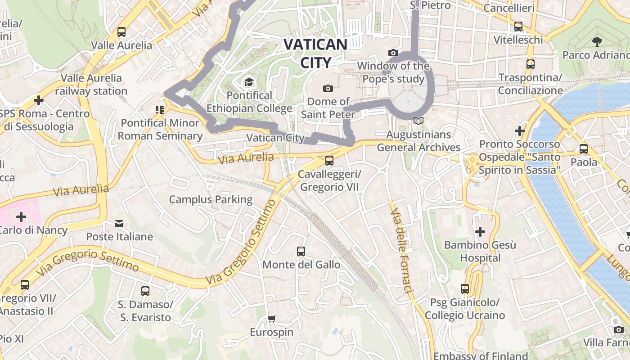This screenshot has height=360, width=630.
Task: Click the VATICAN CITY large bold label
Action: [315, 53]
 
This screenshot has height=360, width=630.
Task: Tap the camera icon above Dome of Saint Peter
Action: [328, 88]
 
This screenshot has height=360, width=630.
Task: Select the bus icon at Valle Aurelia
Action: [121, 32]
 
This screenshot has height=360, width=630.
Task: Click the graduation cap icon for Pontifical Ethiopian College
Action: [248, 82]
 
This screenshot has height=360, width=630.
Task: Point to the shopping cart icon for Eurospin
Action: [271, 319]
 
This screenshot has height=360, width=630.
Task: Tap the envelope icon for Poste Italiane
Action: [119, 223]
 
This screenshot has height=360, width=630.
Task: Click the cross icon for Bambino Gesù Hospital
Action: [480, 232]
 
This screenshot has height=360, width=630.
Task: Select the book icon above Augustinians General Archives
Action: [418, 121]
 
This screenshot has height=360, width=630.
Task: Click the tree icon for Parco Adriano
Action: [597, 42]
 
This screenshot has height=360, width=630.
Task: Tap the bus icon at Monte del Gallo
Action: [301, 251]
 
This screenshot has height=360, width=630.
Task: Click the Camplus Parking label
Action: [211, 199]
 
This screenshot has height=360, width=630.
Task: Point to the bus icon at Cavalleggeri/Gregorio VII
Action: [329, 160]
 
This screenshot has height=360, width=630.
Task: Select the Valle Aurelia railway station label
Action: [91, 84]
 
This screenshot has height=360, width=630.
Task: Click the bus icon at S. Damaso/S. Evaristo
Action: [145, 291]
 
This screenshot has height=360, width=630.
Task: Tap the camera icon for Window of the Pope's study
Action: [393, 53]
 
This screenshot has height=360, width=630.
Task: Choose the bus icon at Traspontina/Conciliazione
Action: [530, 64]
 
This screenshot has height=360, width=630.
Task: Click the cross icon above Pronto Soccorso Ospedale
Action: [520, 131]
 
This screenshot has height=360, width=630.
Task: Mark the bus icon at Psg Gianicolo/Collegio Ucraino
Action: [465, 288]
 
